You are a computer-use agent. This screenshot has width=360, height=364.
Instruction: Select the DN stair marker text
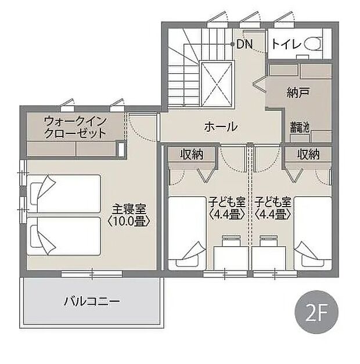tap(244, 44)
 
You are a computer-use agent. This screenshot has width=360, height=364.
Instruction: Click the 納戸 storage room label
tap(297, 92)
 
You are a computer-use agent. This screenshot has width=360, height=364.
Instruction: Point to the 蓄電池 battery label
tap(300, 126)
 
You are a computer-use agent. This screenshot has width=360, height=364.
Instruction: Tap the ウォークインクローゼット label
tap(75, 127)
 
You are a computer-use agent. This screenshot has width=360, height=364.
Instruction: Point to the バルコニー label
tap(91, 301)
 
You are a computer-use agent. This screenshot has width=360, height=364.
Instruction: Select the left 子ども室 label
tap(227, 203)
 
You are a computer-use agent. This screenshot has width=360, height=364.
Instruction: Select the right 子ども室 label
tap(272, 203)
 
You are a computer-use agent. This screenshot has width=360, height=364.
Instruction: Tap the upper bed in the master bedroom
tap(64, 194)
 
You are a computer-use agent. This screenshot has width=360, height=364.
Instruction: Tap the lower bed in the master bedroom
tap(64, 235)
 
